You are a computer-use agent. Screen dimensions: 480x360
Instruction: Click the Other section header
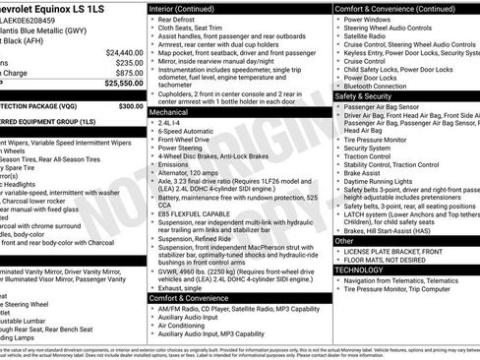click(344, 240)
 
